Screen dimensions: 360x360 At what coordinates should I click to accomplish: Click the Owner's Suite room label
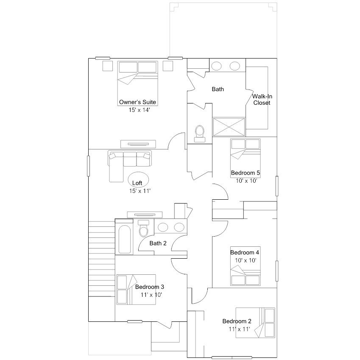[x=137, y=102]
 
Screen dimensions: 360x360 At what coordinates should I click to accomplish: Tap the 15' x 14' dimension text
[x=139, y=110]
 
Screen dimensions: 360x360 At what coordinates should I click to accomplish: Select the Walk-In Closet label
[x=262, y=100]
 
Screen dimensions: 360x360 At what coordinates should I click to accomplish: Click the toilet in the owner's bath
[x=200, y=134]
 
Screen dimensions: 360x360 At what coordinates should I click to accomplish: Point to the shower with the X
[x=229, y=127]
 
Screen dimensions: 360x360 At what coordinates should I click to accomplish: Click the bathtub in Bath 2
[x=125, y=239]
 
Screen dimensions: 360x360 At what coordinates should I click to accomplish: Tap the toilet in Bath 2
[x=143, y=228]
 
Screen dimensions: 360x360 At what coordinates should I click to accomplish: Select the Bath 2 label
[x=158, y=243]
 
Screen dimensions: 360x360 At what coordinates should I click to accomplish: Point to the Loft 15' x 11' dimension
[x=140, y=191]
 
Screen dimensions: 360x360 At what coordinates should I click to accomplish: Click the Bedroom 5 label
[x=246, y=173]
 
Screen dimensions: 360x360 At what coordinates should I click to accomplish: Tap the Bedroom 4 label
[x=245, y=253]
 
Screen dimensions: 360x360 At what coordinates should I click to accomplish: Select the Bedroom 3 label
[x=149, y=287]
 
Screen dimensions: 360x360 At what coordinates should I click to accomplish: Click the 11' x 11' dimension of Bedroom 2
[x=239, y=329]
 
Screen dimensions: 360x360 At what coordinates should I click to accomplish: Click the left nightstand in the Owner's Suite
[x=107, y=66]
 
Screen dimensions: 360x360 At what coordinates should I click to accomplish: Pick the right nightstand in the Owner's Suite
[x=168, y=66]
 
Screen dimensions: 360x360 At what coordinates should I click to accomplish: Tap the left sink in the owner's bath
[x=216, y=66]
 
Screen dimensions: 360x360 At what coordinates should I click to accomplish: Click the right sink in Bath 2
[x=179, y=227]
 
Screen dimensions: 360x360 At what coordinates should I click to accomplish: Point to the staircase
[x=102, y=259]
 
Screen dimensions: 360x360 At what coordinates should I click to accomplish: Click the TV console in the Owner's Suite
[x=138, y=144]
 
